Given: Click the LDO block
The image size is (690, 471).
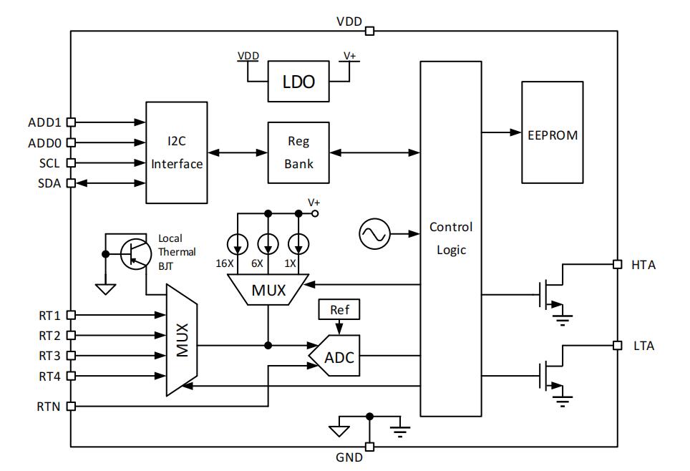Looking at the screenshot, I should click(298, 81).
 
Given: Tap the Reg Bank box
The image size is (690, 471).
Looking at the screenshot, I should click(298, 152).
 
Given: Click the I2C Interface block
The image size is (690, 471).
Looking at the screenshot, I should click(177, 152).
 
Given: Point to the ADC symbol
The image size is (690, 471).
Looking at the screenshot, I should click(336, 356).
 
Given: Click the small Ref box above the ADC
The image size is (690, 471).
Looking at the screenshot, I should click(339, 310).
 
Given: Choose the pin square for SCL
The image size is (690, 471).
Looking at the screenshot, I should click(70, 163).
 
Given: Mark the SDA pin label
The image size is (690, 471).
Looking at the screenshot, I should click(49, 183).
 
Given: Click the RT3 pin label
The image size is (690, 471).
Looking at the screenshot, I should click(49, 356).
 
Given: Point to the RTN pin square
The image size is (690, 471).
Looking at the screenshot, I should click(70, 406).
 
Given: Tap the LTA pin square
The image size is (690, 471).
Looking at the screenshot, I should click(617, 345).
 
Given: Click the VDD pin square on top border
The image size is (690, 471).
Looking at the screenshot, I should click(369, 31).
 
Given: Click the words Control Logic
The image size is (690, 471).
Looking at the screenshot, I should click(451, 238).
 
